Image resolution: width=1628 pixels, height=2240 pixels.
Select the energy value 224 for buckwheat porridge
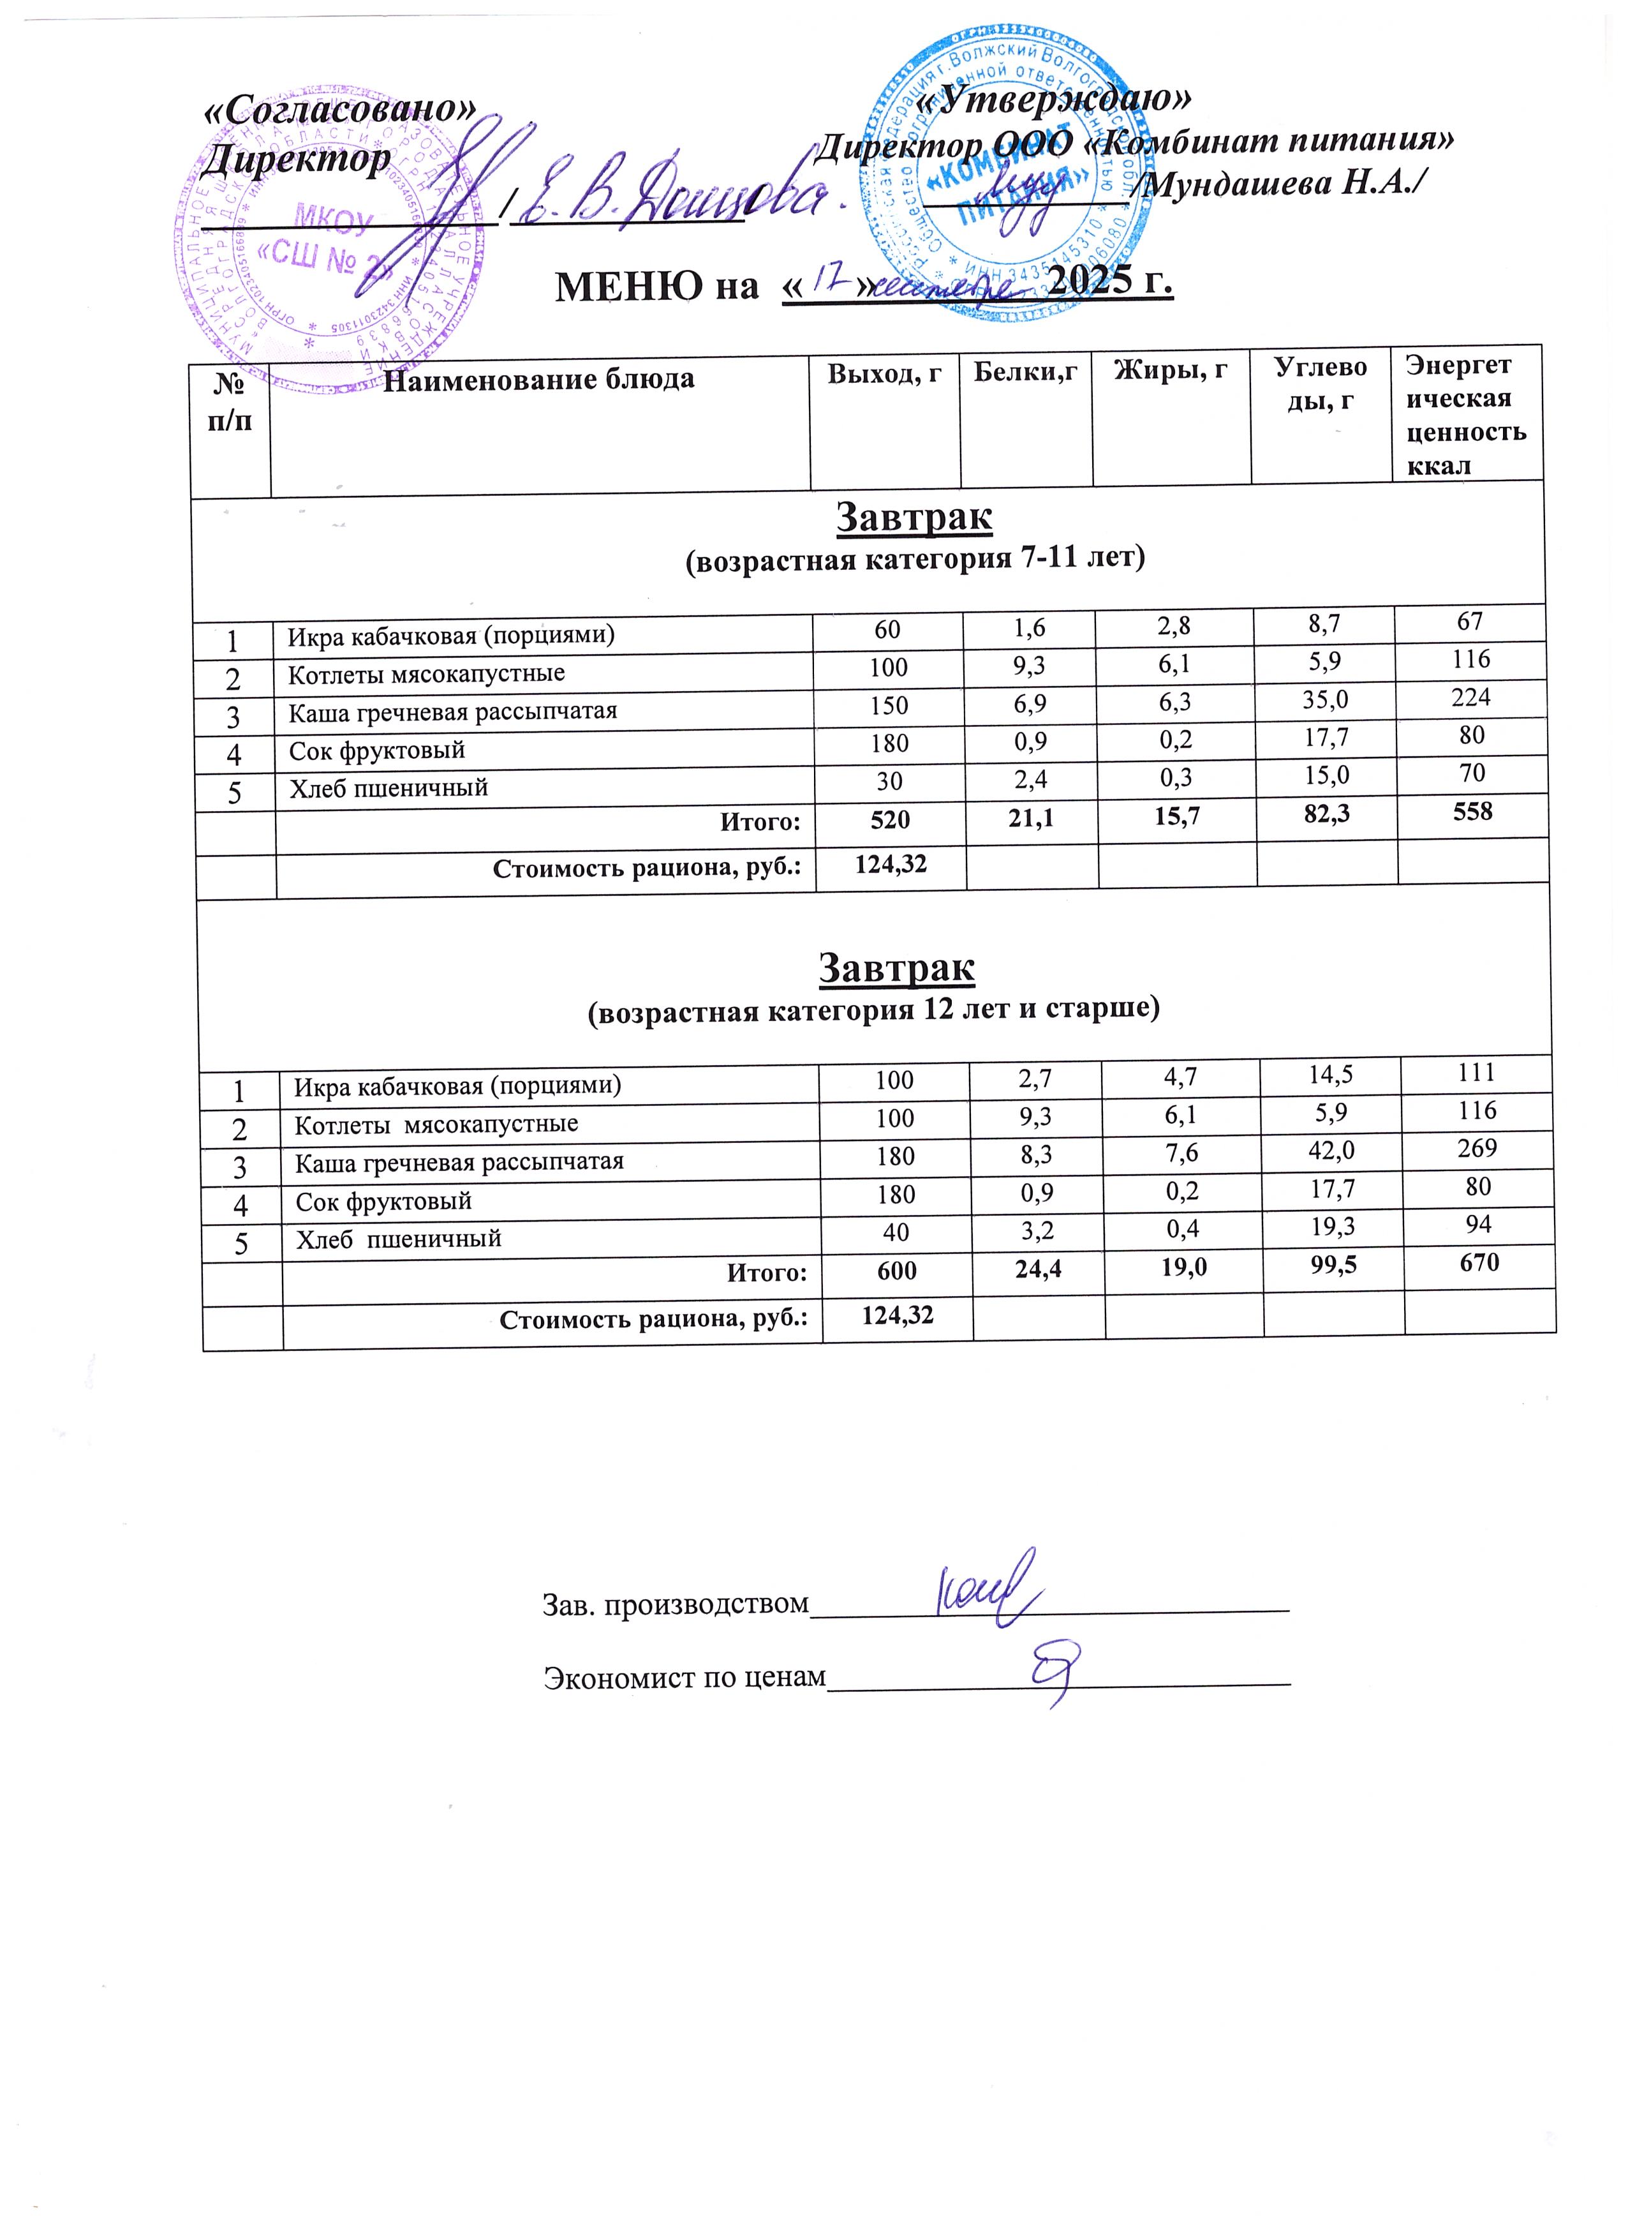[x=1470, y=698]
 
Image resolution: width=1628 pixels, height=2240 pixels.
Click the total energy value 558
[x=1472, y=812]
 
